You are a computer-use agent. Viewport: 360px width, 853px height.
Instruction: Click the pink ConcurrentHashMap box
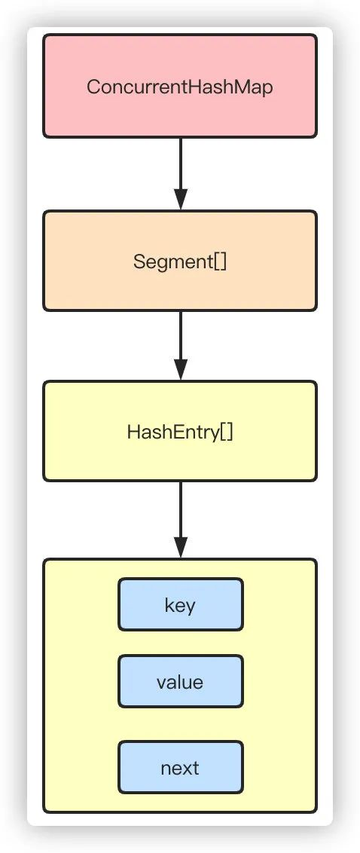tap(179, 86)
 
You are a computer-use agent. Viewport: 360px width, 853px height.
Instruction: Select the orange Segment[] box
tap(179, 261)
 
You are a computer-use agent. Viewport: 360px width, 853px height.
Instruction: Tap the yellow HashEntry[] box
tap(179, 431)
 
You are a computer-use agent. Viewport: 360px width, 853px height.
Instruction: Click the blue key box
tap(181, 604)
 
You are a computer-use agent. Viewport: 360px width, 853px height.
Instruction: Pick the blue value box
tap(181, 682)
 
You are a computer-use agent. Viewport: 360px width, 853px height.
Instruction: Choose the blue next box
tap(181, 768)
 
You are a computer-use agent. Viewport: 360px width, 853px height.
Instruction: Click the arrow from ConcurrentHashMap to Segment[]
tap(181, 174)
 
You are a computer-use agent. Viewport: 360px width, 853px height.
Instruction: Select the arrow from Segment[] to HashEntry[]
tap(181, 346)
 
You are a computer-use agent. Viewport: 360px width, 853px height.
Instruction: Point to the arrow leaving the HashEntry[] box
tap(181, 520)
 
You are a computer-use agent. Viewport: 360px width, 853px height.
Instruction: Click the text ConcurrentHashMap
tap(179, 87)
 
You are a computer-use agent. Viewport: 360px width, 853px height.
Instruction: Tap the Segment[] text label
tap(180, 261)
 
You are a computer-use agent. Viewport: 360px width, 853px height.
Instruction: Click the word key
tap(180, 606)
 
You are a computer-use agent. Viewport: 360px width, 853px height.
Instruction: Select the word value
tap(180, 682)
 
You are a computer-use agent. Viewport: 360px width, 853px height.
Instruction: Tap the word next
tap(180, 768)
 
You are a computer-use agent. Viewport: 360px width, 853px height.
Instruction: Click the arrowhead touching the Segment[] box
tap(181, 200)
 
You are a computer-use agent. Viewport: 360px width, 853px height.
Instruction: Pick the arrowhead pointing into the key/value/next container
tap(181, 548)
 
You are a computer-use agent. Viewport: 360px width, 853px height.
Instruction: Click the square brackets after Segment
tap(220, 262)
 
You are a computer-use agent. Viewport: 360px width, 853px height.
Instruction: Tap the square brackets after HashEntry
tap(227, 433)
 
